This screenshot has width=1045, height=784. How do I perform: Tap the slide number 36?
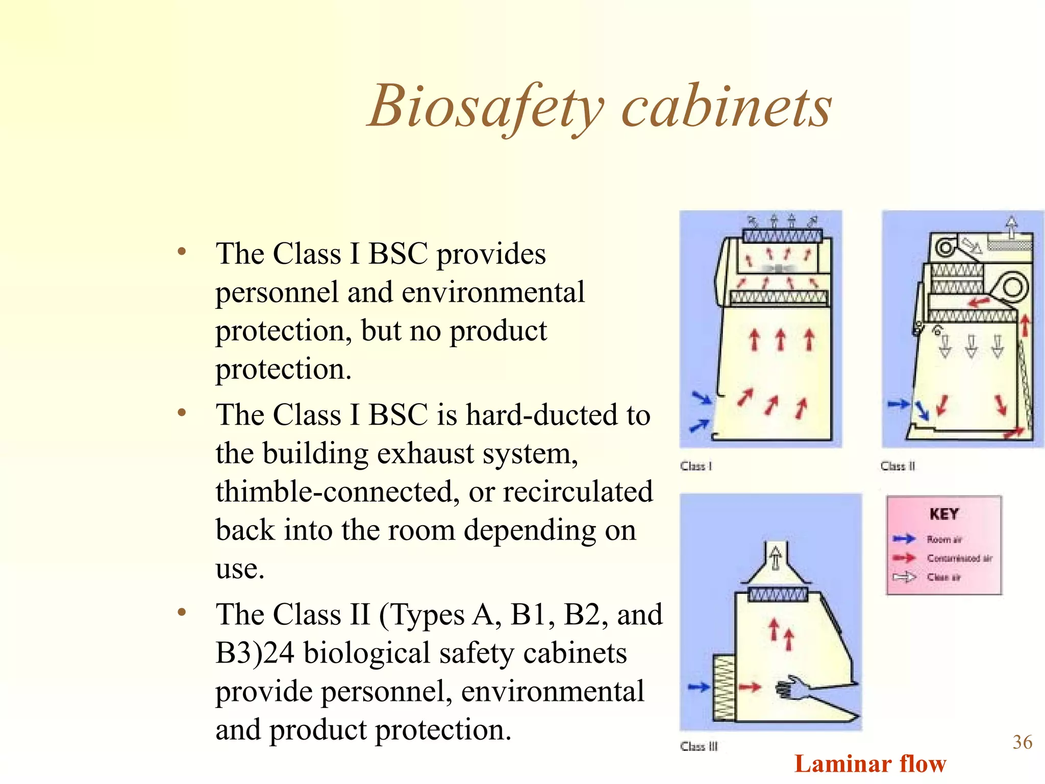coord(1022,742)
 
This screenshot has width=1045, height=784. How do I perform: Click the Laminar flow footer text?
coord(870,764)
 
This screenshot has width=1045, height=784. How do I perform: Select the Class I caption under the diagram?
coord(695,466)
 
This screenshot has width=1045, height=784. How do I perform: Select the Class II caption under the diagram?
coord(898,466)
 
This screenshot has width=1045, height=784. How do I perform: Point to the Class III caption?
coord(699,746)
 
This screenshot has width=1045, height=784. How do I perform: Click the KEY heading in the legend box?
coord(944,514)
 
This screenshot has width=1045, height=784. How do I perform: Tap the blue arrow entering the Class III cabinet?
coord(698,687)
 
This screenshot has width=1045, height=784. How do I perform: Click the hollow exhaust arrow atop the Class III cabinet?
coord(776,557)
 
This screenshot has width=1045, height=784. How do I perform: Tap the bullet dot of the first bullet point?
coord(182,251)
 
